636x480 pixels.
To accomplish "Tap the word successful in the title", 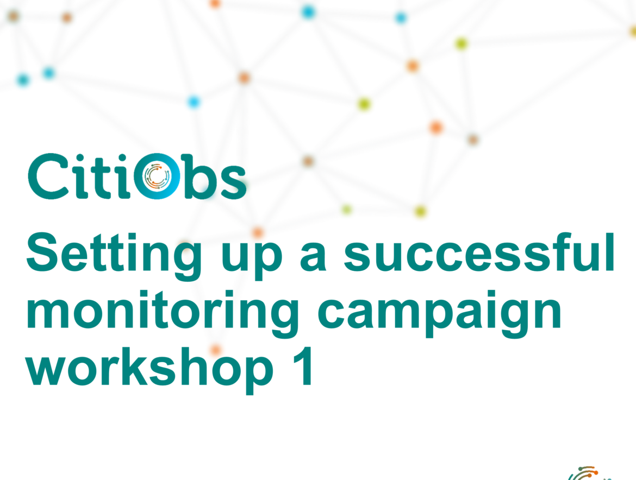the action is (479, 252).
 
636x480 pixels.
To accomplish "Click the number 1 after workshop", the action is (303, 366).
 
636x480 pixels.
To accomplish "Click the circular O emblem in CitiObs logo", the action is (157, 176).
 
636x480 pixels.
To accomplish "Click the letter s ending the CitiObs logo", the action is (234, 182).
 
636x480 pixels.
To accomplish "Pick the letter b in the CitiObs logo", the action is (199, 176).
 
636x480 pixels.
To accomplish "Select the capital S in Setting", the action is (42, 252).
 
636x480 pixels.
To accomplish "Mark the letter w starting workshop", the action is (46, 371).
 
